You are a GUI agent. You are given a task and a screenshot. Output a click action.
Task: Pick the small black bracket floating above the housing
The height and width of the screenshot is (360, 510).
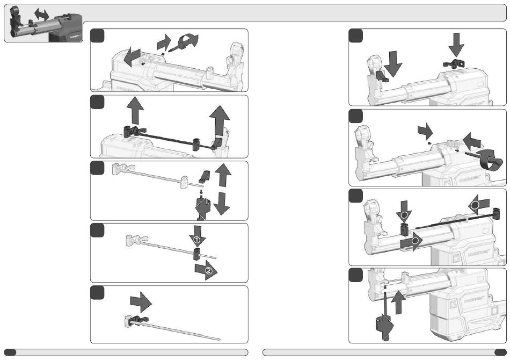[x=453, y=64]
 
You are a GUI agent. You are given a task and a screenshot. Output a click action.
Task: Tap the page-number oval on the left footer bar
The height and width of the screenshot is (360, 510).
[x=10, y=352]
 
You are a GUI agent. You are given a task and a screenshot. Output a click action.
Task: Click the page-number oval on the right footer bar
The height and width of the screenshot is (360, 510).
[x=500, y=352]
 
